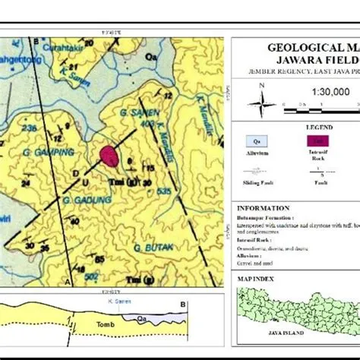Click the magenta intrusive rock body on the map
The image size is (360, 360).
point(109,155)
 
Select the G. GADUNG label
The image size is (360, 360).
point(87,200)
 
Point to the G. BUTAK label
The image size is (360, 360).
point(149,248)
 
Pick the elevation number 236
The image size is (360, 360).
point(30,128)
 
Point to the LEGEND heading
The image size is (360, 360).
point(296,127)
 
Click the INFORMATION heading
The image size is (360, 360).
point(264,208)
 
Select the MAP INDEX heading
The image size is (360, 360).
point(256,279)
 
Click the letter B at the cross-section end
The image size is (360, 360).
point(182,305)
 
